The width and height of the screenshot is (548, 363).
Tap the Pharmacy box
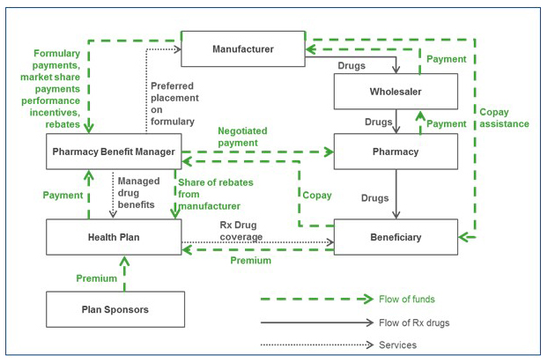[x=396, y=152]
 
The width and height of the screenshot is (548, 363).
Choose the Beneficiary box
[x=396, y=237]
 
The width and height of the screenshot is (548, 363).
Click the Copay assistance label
[x=504, y=118]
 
